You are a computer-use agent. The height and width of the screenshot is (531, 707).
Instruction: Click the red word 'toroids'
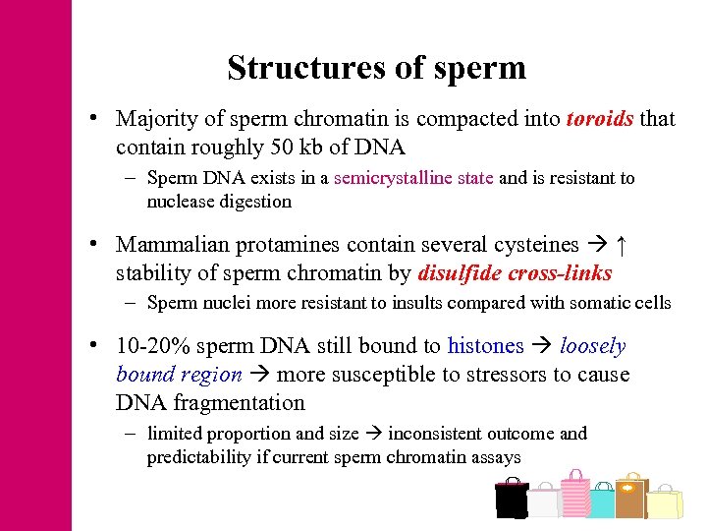point(600,120)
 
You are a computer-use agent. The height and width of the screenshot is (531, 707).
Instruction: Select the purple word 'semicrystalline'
point(413,179)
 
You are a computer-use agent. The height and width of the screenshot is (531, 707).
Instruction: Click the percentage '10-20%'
point(149,346)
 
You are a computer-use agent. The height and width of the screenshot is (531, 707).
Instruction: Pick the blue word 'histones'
point(485,346)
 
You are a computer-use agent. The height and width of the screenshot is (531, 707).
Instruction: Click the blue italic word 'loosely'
point(592,346)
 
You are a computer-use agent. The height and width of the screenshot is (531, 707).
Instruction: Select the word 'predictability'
point(199,457)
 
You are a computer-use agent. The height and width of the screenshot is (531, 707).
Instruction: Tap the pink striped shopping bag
point(573,495)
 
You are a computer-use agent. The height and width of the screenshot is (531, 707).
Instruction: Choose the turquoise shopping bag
point(601,502)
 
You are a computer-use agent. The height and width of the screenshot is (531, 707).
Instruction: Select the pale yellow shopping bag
point(665,503)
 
